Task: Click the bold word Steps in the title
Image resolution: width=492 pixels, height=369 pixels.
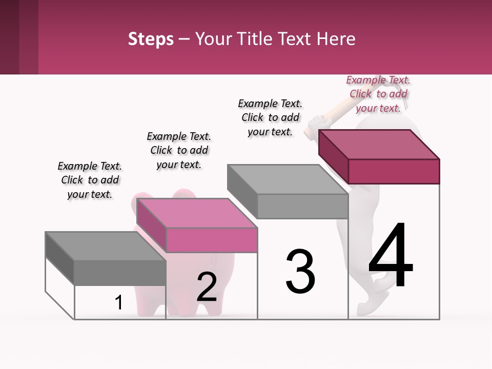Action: tap(151, 39)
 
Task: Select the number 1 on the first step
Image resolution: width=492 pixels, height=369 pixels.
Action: tap(119, 302)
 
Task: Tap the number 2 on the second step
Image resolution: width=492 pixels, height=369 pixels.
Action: tap(207, 287)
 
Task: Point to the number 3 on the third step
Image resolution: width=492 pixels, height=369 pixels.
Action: tap(300, 272)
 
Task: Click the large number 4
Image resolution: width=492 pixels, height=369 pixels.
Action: tap(391, 256)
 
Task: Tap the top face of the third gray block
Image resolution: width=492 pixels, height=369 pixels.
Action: tap(287, 179)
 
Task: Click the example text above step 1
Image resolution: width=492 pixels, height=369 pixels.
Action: tap(90, 180)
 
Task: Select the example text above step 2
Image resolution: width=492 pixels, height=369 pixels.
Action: tap(179, 150)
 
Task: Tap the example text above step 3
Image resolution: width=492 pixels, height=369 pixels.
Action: tap(270, 117)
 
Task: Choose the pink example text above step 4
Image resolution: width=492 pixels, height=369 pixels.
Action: tap(378, 94)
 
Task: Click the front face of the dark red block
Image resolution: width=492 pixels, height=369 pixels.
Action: tap(394, 171)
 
